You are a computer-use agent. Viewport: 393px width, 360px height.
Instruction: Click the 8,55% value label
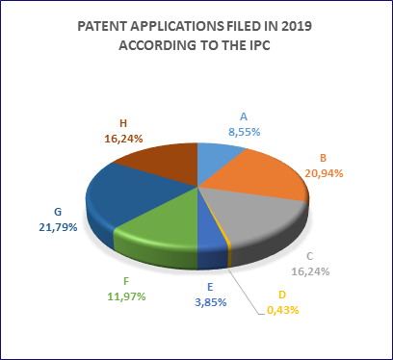245,132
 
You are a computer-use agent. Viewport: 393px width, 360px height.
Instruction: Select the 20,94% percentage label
324,173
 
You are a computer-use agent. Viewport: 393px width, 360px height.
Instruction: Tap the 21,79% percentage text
58,227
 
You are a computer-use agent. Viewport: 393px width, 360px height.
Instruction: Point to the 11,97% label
126,296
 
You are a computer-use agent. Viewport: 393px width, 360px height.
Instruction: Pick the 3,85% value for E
211,302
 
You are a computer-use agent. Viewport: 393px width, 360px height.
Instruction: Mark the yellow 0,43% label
283,310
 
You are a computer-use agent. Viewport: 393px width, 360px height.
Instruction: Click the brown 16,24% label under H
123,139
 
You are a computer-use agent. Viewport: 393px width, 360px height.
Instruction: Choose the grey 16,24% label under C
310,271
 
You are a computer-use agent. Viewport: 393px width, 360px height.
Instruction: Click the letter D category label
282,295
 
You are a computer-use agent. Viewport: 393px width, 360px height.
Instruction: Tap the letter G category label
58,212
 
